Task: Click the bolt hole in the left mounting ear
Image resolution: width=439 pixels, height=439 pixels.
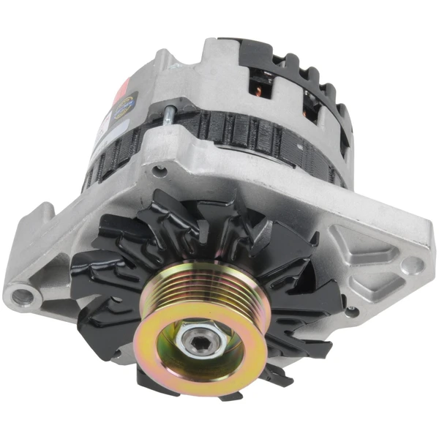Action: point(21,296)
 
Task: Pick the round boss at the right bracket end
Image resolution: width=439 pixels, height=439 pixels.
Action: point(413,265)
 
